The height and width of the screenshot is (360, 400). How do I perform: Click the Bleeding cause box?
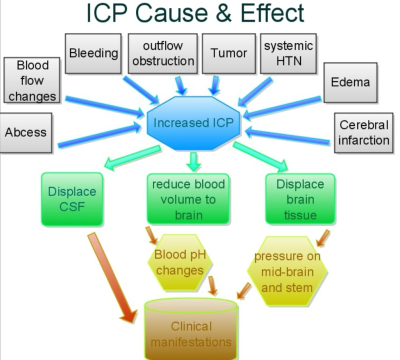tap(94, 53)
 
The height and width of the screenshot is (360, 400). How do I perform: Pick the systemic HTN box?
tap(288, 53)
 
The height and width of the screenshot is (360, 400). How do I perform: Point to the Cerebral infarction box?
tap(363, 132)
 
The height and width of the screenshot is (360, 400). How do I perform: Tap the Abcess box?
tap(25, 132)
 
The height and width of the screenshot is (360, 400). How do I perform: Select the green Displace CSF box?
tap(72, 198)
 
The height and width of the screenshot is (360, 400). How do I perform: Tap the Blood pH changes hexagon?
tap(178, 262)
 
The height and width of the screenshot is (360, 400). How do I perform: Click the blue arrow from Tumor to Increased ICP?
tap(215, 85)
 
